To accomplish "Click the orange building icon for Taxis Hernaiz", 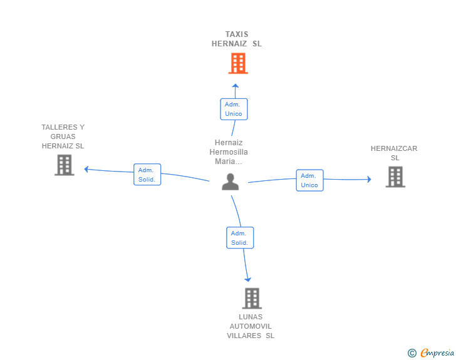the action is (238, 63).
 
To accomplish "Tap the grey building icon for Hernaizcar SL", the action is (395, 177).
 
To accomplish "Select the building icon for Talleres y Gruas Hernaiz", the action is (65, 165).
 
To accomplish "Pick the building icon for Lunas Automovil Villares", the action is (252, 299).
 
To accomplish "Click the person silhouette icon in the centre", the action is (231, 182).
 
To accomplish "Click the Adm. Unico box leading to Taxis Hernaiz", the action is (234, 109).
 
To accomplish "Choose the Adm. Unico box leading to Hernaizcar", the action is (309, 180).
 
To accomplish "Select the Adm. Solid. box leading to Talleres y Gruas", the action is (147, 175).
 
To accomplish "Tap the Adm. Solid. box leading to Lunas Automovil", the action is (240, 237).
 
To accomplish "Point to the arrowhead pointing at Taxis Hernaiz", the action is (236, 86).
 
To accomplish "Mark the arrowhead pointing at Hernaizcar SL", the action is (370, 179).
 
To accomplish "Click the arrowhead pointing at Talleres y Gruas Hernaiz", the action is (86, 169).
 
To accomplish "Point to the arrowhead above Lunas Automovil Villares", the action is (248, 280).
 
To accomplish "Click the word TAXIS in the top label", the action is (237, 34).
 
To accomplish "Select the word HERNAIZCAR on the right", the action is (394, 148).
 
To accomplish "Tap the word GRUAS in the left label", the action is (63, 136).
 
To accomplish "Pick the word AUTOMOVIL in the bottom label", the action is (251, 326).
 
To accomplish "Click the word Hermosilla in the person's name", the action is (229, 152).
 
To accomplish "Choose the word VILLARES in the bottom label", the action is (244, 336).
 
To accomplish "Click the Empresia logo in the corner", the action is (431, 352).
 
